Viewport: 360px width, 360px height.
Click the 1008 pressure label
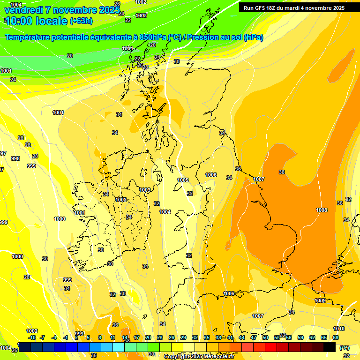[x=322, y=210]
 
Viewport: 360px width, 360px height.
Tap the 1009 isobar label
[x=320, y=300]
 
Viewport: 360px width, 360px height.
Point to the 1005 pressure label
[x=183, y=180]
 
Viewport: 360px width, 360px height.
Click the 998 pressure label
[x=15, y=158]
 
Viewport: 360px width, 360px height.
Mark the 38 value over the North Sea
[x=282, y=172]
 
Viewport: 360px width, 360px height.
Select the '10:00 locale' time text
[x=35, y=21]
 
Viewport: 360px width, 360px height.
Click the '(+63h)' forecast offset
[x=81, y=21]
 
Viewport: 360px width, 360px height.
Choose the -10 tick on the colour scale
[x=32, y=337]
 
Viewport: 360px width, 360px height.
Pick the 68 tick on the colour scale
[x=336, y=337]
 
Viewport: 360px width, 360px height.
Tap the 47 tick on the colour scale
[x=254, y=337]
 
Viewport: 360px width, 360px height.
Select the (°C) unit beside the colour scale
[x=345, y=348]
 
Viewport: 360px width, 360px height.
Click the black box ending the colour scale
[x=330, y=347]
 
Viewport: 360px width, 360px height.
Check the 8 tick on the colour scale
[x=100, y=337]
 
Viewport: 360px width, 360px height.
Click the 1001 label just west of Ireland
[x=80, y=213]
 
